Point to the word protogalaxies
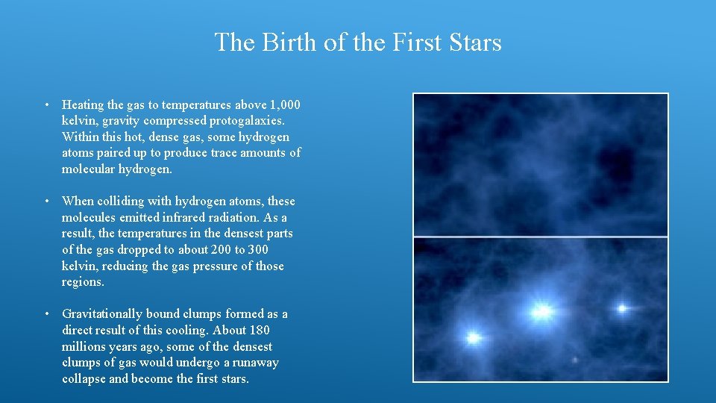point(248,121)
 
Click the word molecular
point(89,169)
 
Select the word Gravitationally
point(102,314)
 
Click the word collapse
point(84,379)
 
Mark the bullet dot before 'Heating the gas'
point(46,104)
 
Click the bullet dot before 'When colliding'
point(46,201)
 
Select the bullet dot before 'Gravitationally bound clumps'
point(46,314)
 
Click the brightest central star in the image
point(542,310)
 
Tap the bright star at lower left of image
point(473,338)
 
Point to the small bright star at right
point(621,307)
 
